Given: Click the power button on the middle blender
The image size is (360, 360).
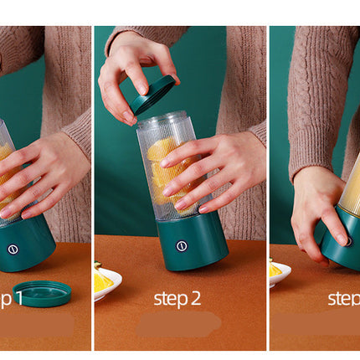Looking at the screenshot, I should click(182, 246).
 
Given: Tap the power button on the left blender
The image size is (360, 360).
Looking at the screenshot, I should click(13, 249).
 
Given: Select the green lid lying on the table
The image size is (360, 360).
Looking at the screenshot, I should click(42, 293).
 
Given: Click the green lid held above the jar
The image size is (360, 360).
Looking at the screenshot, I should click(153, 94).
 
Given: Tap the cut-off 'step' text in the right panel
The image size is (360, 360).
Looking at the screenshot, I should click(343, 298).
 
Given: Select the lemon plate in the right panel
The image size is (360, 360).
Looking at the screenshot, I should click(279, 271).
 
